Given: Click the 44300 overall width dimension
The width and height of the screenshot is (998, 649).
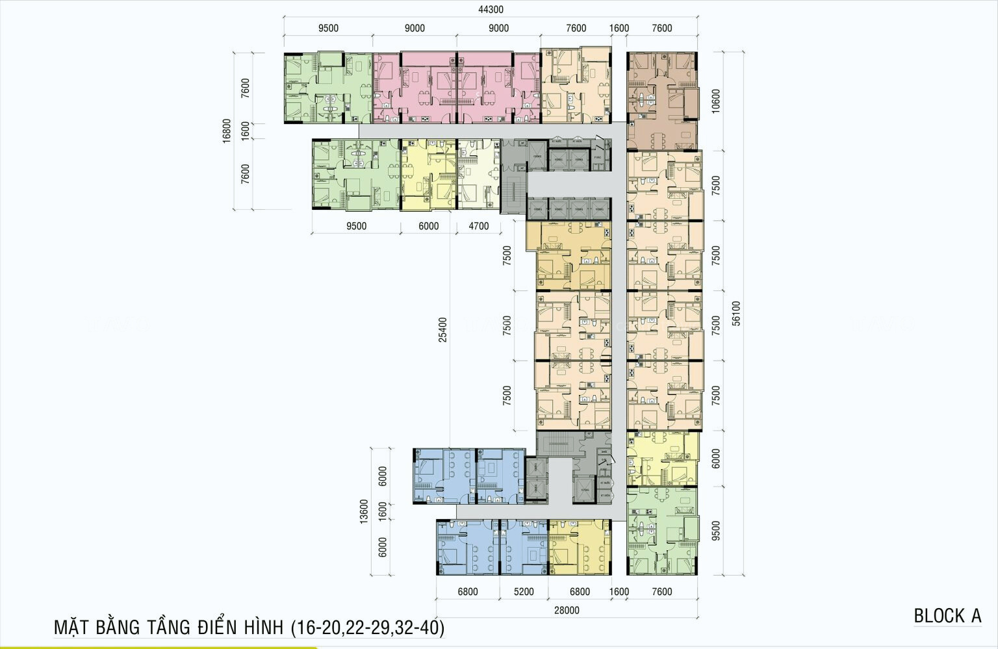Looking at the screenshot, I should [491, 10].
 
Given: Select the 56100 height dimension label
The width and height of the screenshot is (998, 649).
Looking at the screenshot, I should [736, 312].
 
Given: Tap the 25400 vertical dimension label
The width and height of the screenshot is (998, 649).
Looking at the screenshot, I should [442, 329].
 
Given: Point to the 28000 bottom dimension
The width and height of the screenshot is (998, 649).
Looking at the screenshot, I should [567, 610].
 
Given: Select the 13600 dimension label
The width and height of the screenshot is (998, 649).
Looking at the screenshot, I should [364, 511].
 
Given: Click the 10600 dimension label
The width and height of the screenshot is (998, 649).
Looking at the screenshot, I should [716, 101].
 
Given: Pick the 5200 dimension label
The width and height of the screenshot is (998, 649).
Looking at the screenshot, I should [523, 592].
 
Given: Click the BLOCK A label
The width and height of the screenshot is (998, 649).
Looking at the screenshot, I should [947, 616].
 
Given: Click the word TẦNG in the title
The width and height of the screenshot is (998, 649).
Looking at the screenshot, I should [168, 628].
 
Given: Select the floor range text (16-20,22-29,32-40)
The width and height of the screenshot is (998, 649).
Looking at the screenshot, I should [368, 628].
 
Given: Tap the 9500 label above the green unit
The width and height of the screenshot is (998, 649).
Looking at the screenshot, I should [328, 28].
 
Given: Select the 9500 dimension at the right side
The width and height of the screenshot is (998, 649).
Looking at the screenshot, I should [716, 530].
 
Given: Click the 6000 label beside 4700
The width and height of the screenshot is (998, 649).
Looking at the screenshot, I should [428, 226].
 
